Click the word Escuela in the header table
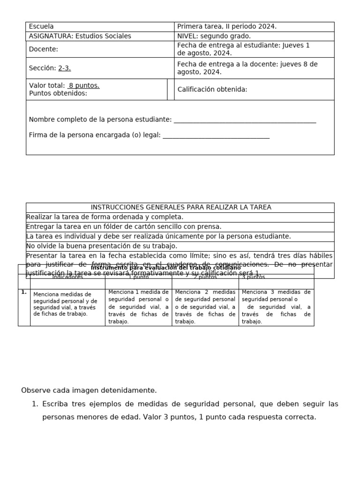pos(41,27)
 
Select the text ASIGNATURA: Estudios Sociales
pos(80,36)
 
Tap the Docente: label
pos(44,49)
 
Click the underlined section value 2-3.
pos(65,68)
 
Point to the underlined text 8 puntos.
pos(84,86)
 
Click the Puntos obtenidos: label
pos(58,93)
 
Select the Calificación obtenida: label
pos(212,90)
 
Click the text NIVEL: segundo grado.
pos(214,36)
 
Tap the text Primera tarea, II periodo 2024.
pos(227,27)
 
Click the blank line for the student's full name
pos(245,120)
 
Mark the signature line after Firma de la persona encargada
pos(216,135)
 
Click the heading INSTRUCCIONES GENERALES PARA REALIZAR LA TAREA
pos(180,207)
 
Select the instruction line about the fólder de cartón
pos(124,227)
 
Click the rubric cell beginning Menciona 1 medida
pos(138,307)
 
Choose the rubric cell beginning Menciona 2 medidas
pos(205,307)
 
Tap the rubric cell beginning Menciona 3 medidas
pos(276,307)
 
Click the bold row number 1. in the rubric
pos(24,292)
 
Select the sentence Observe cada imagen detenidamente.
pos(89,390)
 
